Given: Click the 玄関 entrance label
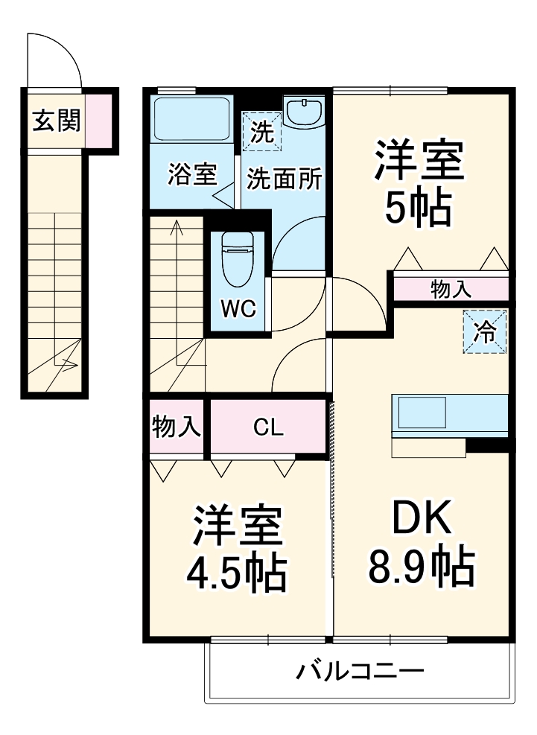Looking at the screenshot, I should coord(56,119).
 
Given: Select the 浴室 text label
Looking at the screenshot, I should coord(191,176).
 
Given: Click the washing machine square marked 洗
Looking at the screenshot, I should coord(261,132).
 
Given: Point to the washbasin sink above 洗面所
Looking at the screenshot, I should coord(304,113).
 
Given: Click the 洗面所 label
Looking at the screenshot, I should coord(285,179).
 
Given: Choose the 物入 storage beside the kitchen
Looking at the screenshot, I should coord(451,290).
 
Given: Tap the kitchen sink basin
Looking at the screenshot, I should coord(422,412).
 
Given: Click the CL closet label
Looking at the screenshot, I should coord(267,427).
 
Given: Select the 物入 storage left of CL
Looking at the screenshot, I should coord(176,427).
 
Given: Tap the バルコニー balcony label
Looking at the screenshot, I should coord(360,672).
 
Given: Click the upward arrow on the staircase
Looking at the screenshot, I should coord(177,227).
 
